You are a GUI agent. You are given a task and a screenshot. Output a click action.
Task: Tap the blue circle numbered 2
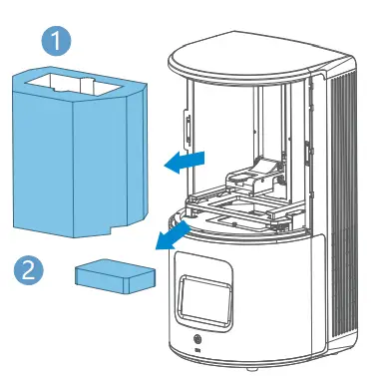click(x=30, y=268)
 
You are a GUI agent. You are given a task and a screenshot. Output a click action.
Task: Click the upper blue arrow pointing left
click(x=189, y=161)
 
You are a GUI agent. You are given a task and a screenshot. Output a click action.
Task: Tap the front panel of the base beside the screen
click(x=279, y=299)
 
